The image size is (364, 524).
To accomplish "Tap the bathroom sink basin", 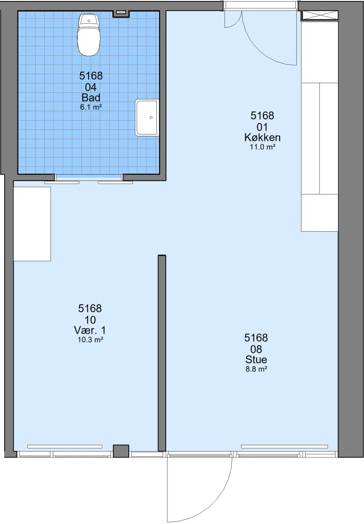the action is point(147,118).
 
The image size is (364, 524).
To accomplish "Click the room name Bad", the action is point(91,98).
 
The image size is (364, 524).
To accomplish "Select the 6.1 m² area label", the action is point(91,107).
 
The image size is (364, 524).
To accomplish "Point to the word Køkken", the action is point(263,137).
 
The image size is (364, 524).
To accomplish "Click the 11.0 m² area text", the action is point(263,147).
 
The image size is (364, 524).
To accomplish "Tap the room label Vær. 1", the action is point(90,330).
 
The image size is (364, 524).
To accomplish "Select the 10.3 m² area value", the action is point(90,340).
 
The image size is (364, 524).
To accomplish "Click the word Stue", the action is point(256,360).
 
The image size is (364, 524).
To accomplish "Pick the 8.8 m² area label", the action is point(256,369).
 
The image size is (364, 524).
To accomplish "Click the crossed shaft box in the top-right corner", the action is point(320,15).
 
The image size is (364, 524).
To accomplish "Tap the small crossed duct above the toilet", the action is point(120,13).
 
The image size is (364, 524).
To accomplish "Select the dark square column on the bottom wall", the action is point(121,451).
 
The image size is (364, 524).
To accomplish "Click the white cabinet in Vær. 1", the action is point(32,224).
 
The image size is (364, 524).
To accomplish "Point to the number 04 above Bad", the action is point(91,87).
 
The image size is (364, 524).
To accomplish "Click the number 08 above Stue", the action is point(256,349).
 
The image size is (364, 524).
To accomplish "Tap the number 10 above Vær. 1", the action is point(90,320).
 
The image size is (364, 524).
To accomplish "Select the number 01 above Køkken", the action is point(263,127).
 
